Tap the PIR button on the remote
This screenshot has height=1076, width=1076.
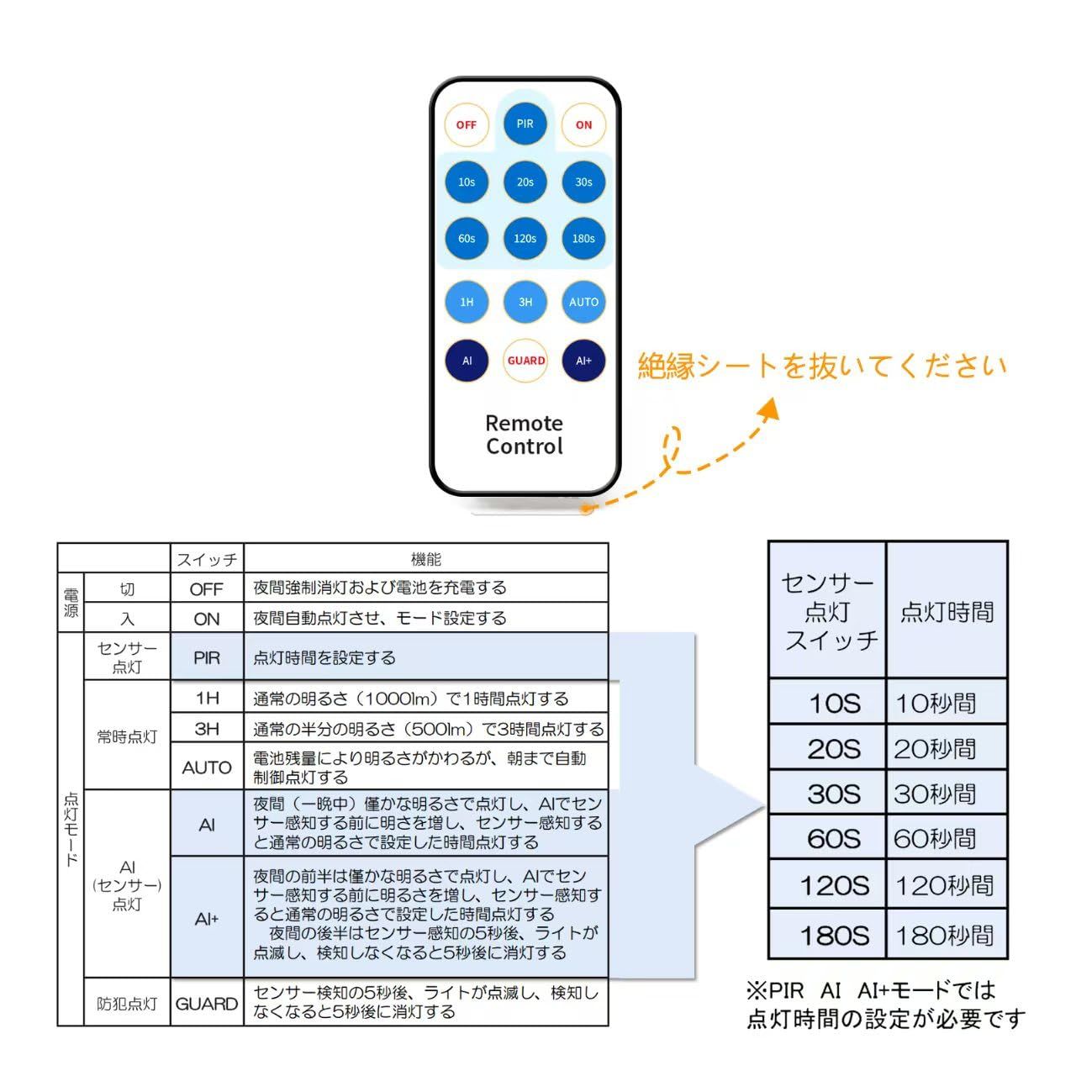[x=525, y=124]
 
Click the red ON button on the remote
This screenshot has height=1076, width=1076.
[x=583, y=124]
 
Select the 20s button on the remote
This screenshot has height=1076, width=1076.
[x=525, y=182]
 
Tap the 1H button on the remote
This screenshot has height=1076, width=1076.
[x=467, y=302]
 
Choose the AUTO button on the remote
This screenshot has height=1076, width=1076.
[x=583, y=302]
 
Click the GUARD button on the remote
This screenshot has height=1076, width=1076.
[x=525, y=361]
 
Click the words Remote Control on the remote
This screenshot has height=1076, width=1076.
[x=525, y=435]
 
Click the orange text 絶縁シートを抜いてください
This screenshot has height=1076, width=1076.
[x=821, y=366]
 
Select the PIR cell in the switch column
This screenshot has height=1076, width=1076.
[x=207, y=657]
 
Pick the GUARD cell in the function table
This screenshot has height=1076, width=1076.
[x=207, y=1004]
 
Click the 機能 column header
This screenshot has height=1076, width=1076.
[x=425, y=559]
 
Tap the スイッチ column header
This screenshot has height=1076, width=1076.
[x=207, y=559]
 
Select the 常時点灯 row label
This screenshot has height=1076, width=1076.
[x=127, y=736]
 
